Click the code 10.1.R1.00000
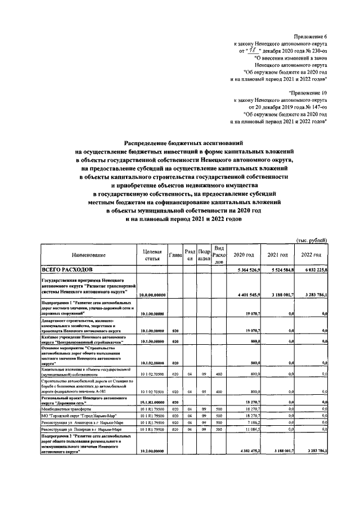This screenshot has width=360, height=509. [x=152, y=402]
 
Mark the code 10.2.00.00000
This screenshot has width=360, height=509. [x=152, y=451]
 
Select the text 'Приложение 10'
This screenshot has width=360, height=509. [x=308, y=92]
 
